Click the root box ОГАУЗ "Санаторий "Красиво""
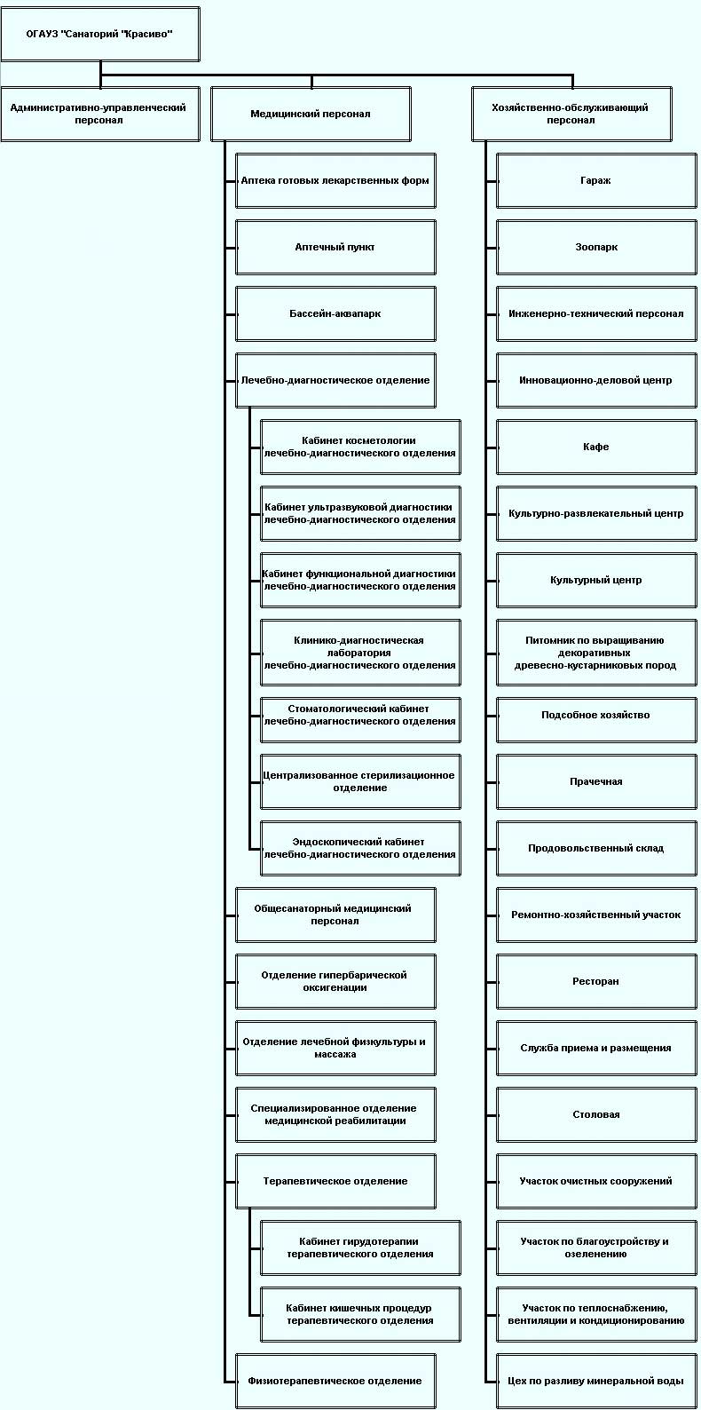(x=100, y=34)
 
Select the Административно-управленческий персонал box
(x=100, y=114)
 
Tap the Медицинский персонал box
(x=311, y=114)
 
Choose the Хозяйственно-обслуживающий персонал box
(x=571, y=114)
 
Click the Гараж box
(x=596, y=180)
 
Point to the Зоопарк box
(x=596, y=248)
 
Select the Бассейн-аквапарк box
(x=335, y=314)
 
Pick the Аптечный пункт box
(x=335, y=248)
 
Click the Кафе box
(x=596, y=447)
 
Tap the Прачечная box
(x=596, y=781)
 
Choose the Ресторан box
(x=596, y=981)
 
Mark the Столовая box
(x=596, y=1115)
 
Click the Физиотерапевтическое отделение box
(x=335, y=1381)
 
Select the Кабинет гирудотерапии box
(x=360, y=1248)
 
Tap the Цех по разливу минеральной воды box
(x=596, y=1381)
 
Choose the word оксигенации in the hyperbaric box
(x=335, y=987)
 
